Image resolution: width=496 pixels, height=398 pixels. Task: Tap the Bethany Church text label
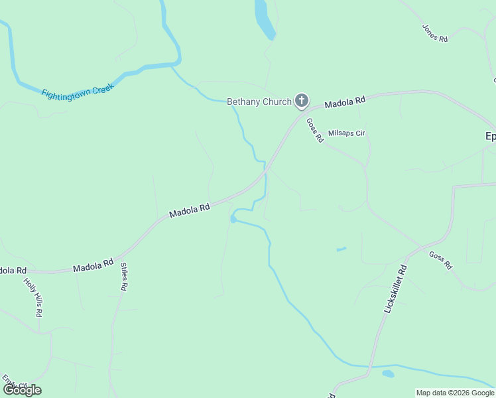click(259, 101)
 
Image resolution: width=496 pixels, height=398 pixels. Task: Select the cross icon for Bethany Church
click(302, 101)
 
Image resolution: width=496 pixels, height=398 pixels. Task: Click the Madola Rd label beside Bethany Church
click(345, 103)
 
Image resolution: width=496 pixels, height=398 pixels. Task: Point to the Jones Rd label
click(435, 33)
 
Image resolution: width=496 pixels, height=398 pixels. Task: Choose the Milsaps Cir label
click(346, 133)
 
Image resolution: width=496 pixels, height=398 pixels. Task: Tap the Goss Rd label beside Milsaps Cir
click(314, 130)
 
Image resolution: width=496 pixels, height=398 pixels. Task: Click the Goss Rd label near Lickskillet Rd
click(440, 259)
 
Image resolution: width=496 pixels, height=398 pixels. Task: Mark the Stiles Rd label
click(123, 277)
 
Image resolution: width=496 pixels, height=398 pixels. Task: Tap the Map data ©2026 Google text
click(455, 393)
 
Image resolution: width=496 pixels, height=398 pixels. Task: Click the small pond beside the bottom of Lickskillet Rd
click(388, 373)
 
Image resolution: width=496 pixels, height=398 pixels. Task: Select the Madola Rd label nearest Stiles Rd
click(93, 265)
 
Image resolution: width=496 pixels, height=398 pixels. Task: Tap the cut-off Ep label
click(490, 136)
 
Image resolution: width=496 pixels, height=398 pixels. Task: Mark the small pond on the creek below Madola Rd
click(233, 218)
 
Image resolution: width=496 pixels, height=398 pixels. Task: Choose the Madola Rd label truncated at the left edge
click(13, 271)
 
